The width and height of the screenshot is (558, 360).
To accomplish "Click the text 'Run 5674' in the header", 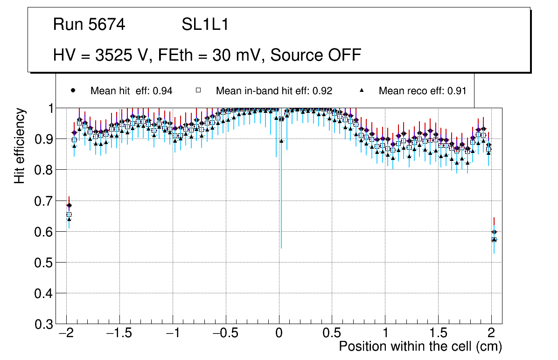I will [89, 25].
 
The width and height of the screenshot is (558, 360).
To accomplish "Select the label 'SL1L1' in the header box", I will [205, 25].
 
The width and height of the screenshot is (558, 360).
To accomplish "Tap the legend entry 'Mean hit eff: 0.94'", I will [131, 91].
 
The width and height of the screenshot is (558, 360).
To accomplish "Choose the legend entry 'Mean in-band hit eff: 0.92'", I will [274, 91].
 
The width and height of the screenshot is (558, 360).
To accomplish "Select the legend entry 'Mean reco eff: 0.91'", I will [422, 91].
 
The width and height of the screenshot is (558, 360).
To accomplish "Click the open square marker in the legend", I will [198, 90].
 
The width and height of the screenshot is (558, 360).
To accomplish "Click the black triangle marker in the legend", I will [363, 90].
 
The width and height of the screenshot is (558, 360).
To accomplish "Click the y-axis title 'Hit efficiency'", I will [20, 145].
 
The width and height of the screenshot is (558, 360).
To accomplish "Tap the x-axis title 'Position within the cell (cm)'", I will [420, 347].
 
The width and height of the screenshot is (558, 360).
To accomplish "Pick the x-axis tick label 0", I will [279, 334].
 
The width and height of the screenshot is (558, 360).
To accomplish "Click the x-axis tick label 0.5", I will [332, 334].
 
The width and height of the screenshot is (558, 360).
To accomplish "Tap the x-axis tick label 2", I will [491, 334].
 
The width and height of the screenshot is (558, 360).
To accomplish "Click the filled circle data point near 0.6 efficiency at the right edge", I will [494, 232].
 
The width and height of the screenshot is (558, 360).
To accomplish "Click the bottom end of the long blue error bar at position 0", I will [281, 248].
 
